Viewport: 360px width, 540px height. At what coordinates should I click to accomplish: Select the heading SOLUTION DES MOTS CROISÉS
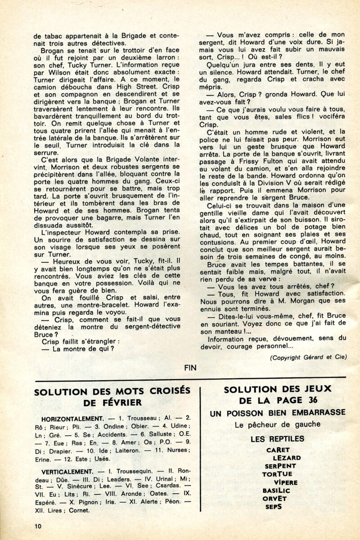(112, 391)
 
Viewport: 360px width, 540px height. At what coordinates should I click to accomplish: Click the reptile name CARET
(278, 450)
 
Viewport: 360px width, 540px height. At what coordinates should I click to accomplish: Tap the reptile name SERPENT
(280, 466)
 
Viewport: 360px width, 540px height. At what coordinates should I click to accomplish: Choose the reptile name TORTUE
(277, 474)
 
